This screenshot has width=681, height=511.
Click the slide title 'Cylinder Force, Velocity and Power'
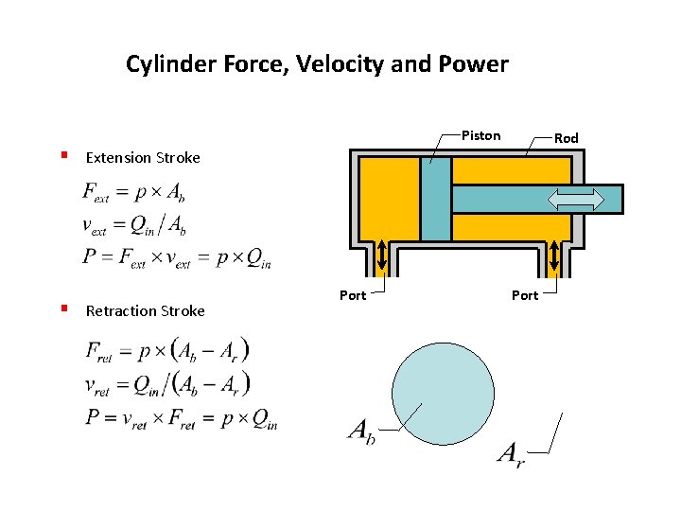317,64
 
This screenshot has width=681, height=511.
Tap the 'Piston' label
480,135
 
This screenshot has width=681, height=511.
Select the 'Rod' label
566,138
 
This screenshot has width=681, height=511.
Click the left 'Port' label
353,295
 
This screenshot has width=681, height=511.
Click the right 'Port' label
525,295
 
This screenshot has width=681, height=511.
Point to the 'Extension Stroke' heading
143,158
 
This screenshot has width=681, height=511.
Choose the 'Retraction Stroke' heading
145,310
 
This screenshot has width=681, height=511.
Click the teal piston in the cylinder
436,199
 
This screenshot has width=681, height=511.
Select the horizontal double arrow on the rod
576,199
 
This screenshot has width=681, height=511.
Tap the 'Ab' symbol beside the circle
362,432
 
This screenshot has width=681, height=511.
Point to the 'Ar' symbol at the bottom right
511,454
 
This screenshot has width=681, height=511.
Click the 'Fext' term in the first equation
96,194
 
